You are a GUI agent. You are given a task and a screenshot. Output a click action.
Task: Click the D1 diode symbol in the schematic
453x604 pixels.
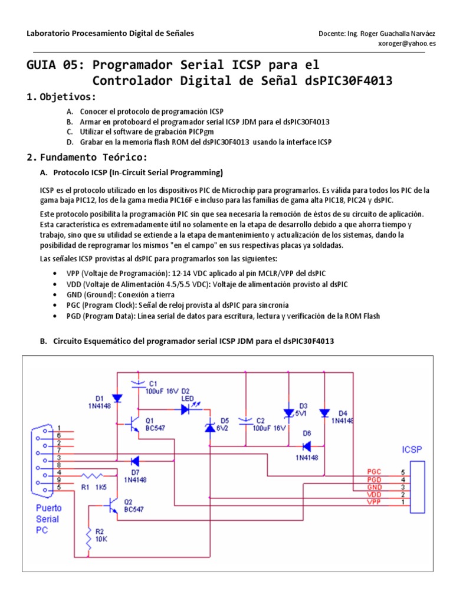[x=117, y=399]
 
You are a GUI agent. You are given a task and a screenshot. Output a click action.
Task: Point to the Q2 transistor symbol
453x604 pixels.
[x=111, y=505]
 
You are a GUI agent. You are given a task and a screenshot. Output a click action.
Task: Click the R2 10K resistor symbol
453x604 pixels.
[x=89, y=538]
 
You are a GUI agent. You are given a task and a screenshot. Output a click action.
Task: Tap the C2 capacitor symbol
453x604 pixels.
[x=244, y=421]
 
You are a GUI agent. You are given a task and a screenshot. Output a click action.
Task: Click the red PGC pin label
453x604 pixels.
[x=374, y=472]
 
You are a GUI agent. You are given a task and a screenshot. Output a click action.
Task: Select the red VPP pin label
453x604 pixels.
[x=374, y=502]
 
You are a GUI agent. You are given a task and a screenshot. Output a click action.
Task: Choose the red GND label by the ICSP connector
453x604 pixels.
[x=374, y=487]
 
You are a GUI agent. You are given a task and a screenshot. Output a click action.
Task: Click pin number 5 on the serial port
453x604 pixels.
[x=59, y=487]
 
